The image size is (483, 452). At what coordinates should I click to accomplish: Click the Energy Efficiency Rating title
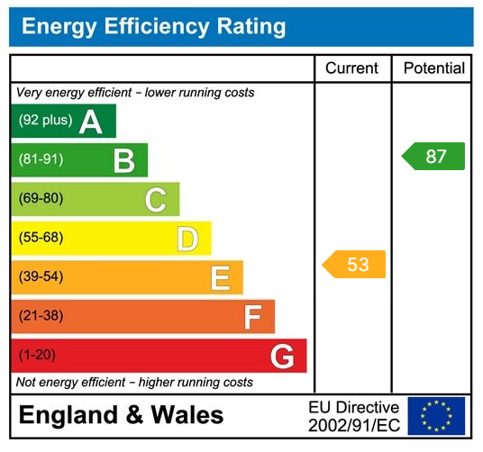tap(153, 26)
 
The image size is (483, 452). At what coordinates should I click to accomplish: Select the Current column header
tap(352, 68)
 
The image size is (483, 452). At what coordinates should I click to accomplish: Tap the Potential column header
tap(433, 68)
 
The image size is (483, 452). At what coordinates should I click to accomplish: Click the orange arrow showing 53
tap(354, 264)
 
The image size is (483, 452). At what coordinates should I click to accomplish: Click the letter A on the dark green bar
tap(90, 122)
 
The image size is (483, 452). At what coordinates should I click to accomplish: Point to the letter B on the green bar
tap(123, 161)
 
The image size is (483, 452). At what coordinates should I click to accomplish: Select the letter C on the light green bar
tap(155, 200)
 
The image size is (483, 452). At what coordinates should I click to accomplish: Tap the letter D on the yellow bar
tap(187, 239)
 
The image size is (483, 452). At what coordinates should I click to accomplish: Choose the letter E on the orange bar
tap(220, 278)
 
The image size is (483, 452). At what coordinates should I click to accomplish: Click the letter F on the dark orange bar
tap(252, 317)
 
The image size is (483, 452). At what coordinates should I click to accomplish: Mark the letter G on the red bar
tap(282, 357)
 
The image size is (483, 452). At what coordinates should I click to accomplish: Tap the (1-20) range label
tap(37, 356)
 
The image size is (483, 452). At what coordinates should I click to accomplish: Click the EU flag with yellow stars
tap(436, 416)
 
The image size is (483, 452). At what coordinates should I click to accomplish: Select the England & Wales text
tap(121, 415)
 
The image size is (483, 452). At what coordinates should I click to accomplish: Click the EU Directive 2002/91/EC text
tap(353, 416)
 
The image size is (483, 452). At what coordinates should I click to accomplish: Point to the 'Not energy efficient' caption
tap(135, 383)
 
